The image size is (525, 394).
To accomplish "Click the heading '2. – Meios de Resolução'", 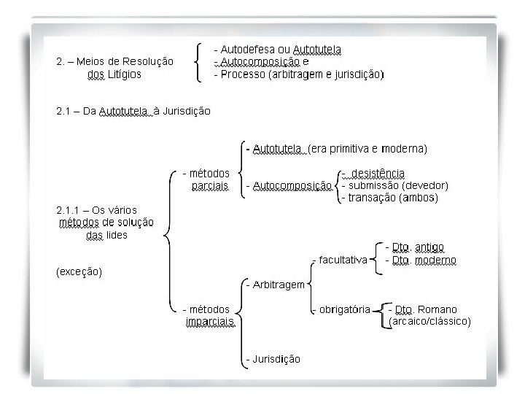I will [x=114, y=61].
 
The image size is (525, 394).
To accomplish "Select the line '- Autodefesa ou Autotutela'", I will [x=277, y=50].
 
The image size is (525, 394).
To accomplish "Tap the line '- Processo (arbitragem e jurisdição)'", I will [x=299, y=74].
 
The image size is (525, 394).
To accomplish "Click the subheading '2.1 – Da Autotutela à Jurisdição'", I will [x=133, y=112].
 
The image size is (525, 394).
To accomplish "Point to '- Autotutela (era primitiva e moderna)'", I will [x=336, y=149].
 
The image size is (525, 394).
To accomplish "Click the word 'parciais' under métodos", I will [x=210, y=186].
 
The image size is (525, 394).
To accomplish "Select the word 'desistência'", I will [x=378, y=174].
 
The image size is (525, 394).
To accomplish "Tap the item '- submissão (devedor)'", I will [x=394, y=185].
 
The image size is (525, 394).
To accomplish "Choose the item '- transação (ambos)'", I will [x=389, y=198].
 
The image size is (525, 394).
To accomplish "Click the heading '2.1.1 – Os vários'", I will [x=96, y=210].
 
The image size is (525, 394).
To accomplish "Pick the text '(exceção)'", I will [x=79, y=272].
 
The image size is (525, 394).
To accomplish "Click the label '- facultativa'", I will [x=338, y=260].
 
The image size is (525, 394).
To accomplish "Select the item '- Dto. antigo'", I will [x=414, y=247].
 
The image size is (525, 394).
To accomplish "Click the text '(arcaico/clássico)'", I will [x=429, y=321].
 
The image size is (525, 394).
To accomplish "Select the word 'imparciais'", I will [x=210, y=321].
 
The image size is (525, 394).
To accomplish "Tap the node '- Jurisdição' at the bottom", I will [x=273, y=359].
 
